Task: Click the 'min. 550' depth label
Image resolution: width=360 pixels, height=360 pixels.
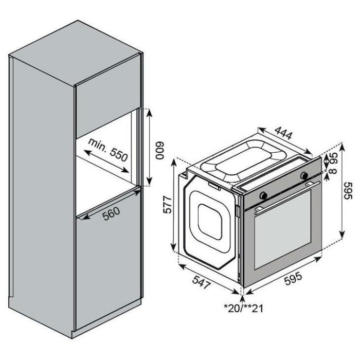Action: [107, 150]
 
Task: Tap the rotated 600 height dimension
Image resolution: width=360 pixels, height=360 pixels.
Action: [159, 151]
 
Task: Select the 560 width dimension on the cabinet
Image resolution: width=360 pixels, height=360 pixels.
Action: [111, 214]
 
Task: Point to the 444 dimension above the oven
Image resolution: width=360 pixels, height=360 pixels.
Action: [283, 133]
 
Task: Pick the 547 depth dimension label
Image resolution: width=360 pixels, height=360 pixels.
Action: [202, 282]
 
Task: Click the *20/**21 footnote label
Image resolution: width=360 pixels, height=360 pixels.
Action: [243, 309]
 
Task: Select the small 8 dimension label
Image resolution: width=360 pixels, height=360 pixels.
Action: [334, 171]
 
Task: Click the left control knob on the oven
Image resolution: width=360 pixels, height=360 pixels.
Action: [263, 195]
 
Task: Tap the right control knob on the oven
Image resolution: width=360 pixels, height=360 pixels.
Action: [304, 175]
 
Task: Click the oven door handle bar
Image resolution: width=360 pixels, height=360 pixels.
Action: [287, 197]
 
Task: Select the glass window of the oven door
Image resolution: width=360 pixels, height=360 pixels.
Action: [283, 229]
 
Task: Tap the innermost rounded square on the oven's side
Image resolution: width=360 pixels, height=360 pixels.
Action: [210, 222]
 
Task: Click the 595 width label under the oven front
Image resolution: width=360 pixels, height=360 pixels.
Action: [293, 279]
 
